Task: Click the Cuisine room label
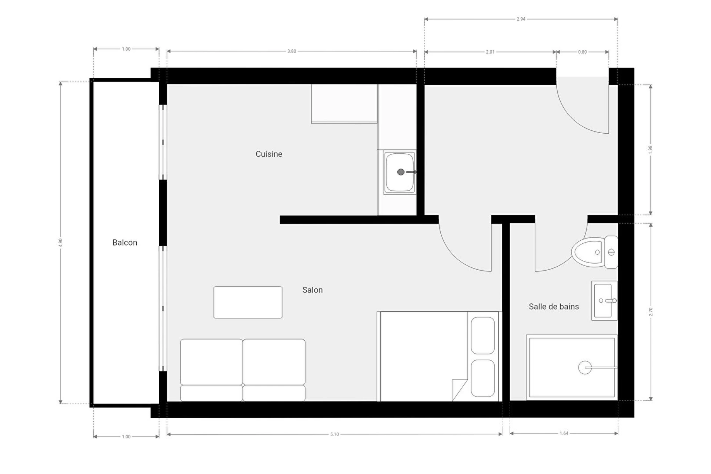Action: point(269,154)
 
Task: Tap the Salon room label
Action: point(313,290)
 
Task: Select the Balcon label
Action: point(125,243)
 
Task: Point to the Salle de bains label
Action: point(554,307)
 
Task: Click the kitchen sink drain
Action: point(401,172)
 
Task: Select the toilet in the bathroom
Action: point(595,252)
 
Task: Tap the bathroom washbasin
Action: point(604,300)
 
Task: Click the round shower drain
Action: point(585,367)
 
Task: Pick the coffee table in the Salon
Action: point(248,302)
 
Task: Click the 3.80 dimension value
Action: point(292,51)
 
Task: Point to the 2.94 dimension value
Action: point(521,19)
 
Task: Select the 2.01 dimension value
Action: point(490,52)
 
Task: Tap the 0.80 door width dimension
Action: point(583,52)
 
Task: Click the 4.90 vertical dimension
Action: point(60,243)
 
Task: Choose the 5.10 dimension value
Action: point(334,434)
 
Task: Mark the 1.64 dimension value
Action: point(564,434)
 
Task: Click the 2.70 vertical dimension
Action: point(651,312)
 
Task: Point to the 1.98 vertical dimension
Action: point(651,150)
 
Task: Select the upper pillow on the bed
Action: point(483,336)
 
